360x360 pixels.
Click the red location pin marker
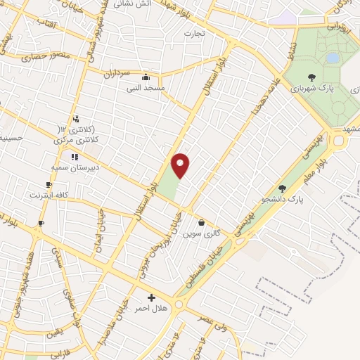181,165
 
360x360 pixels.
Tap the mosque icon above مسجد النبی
146,77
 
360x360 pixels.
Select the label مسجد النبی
146,89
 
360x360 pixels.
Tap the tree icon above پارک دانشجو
283,188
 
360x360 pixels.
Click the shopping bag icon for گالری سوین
202,222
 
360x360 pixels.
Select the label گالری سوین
199,233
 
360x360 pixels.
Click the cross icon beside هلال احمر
151,297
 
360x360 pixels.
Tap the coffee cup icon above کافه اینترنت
49,185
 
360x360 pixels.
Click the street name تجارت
193,34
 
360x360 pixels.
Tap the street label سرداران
119,74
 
